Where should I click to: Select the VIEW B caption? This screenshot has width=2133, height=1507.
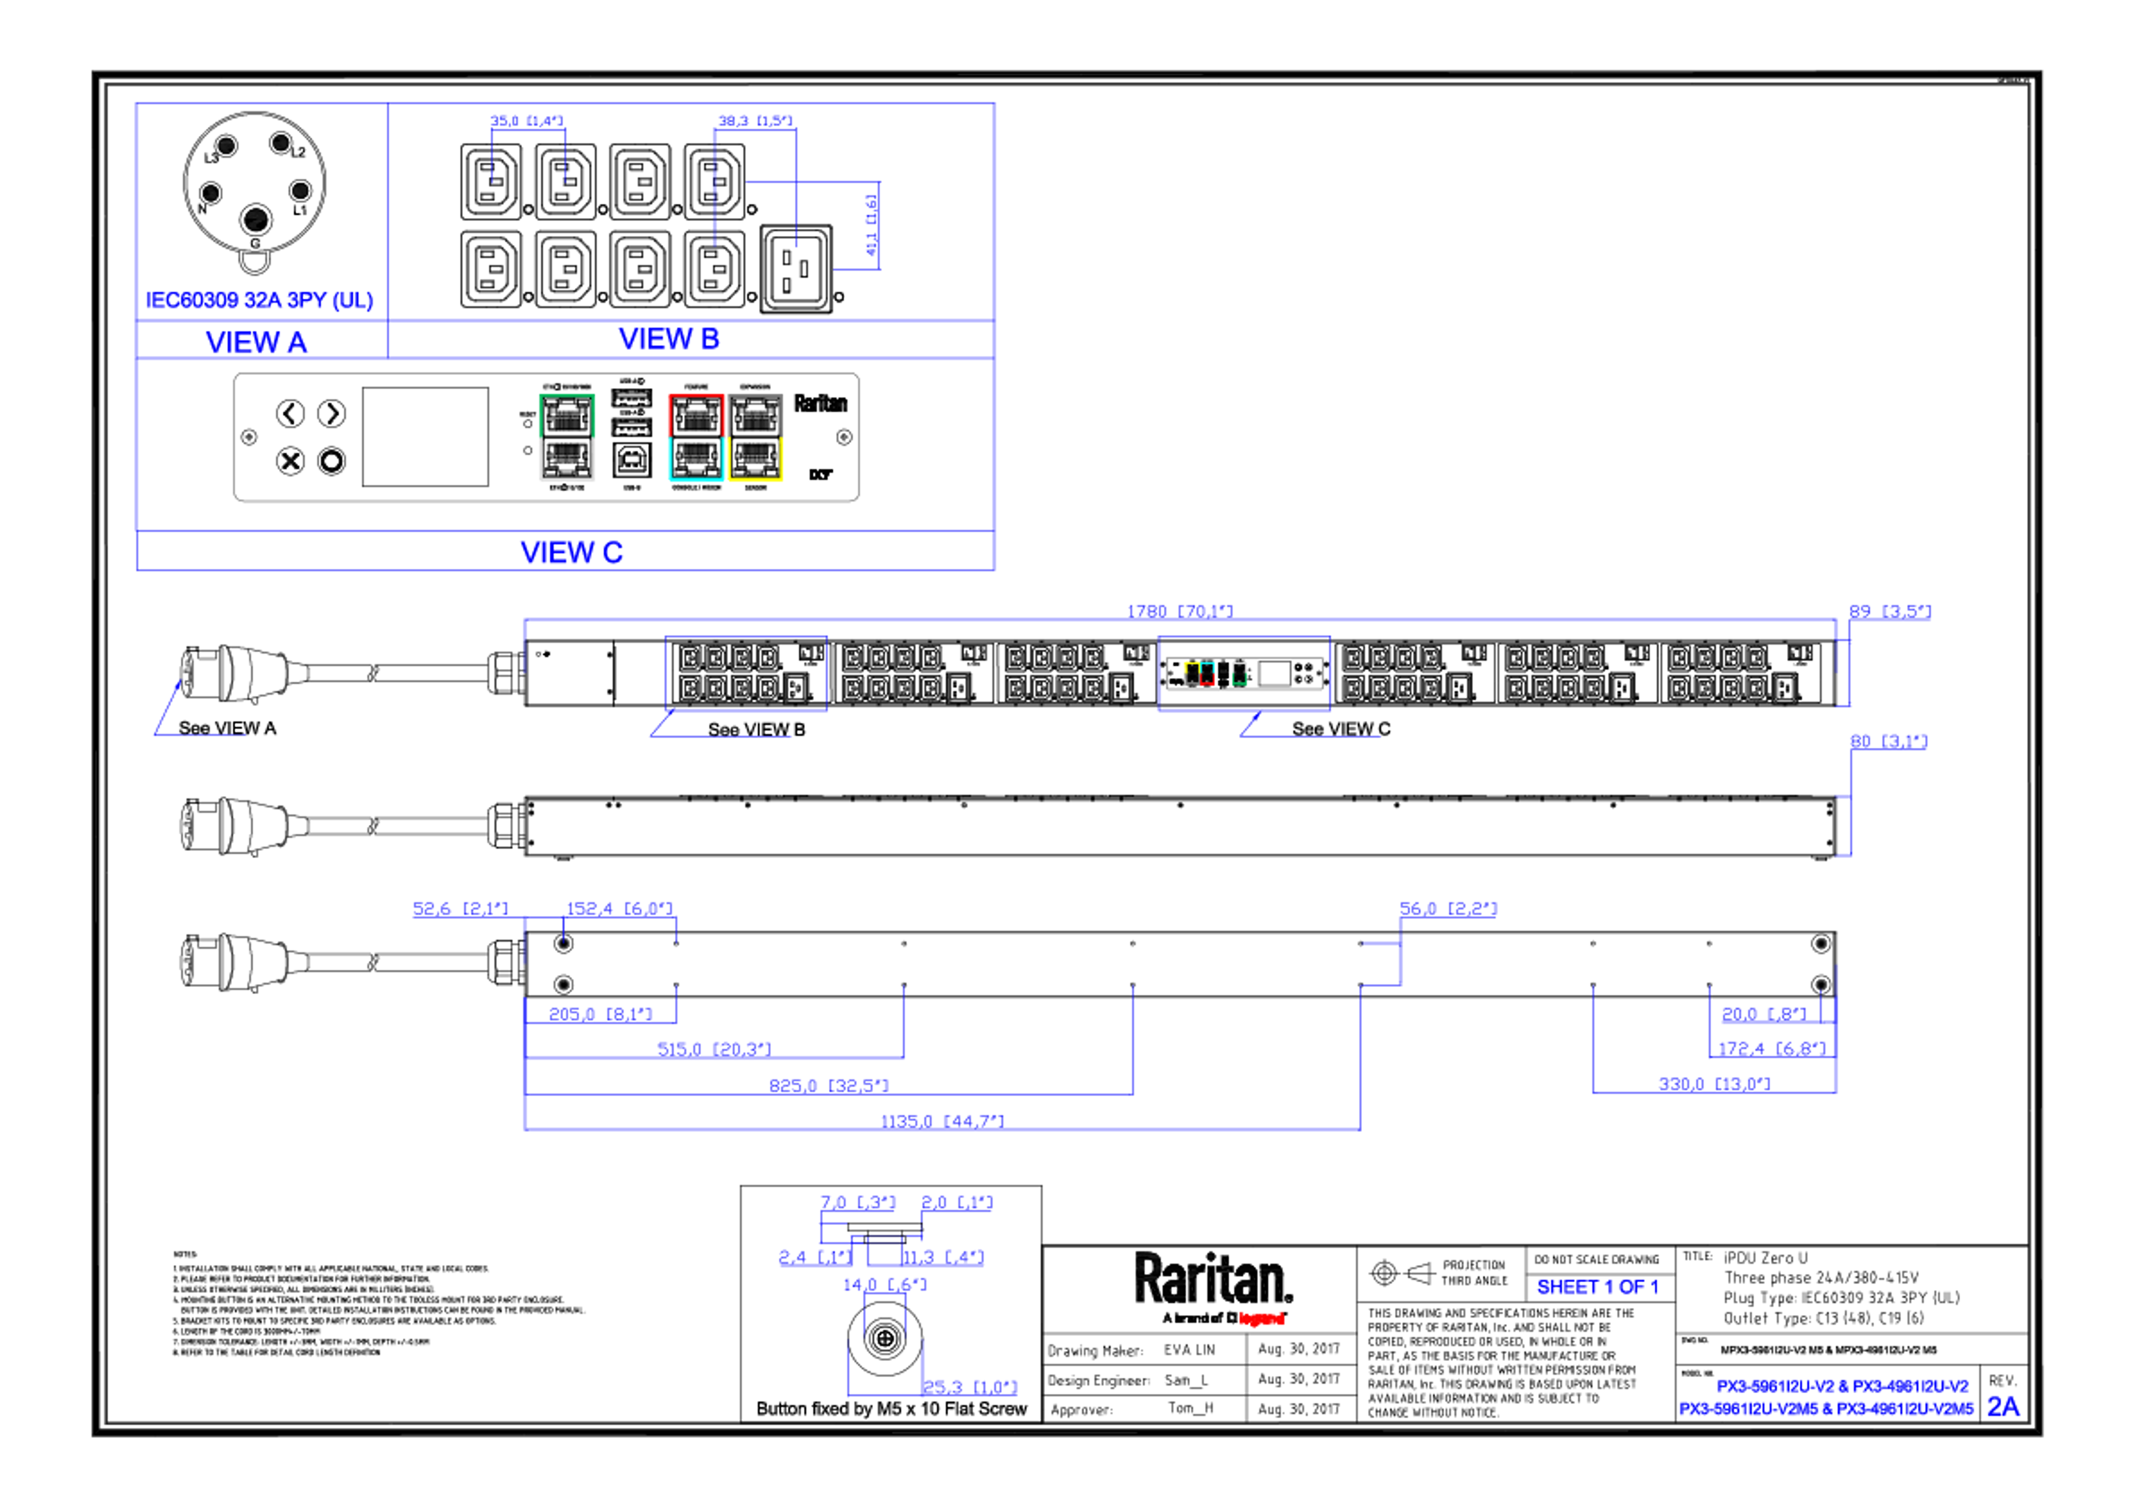coord(669,338)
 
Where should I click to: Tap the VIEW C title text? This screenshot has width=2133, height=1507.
coord(572,552)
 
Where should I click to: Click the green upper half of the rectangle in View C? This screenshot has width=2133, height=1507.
coord(567,414)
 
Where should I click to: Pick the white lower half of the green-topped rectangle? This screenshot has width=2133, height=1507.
coord(567,461)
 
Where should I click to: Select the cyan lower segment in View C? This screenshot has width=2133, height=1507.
coord(695,461)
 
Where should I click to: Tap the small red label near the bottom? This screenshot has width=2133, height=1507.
coord(1261,1318)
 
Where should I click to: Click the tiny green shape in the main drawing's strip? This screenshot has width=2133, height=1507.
coord(1239,674)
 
